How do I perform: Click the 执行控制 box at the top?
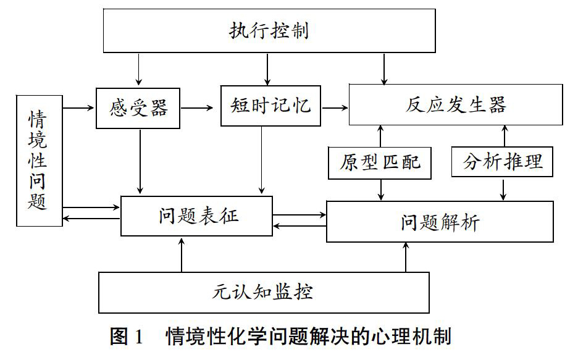click(x=269, y=31)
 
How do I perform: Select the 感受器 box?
click(x=138, y=108)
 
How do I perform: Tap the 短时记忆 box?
click(x=270, y=106)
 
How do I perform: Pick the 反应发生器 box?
click(x=456, y=104)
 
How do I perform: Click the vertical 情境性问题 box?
click(x=40, y=161)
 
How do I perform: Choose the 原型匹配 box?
click(x=380, y=163)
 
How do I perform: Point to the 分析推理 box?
click(x=502, y=161)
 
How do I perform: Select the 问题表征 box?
click(x=196, y=216)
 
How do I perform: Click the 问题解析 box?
click(x=440, y=222)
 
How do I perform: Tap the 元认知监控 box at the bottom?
click(x=264, y=293)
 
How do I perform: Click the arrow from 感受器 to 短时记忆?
click(x=197, y=108)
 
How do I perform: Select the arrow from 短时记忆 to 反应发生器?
click(x=335, y=108)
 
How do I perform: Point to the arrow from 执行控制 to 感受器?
click(x=138, y=70)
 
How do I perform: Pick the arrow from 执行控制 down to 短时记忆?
click(x=267, y=69)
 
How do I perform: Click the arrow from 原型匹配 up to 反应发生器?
click(x=380, y=136)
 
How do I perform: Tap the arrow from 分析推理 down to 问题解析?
click(x=503, y=190)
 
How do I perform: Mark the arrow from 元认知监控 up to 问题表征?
click(x=182, y=255)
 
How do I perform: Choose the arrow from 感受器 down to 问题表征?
click(x=140, y=161)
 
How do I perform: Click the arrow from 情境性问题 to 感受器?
click(x=78, y=107)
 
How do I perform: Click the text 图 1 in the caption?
click(x=126, y=336)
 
